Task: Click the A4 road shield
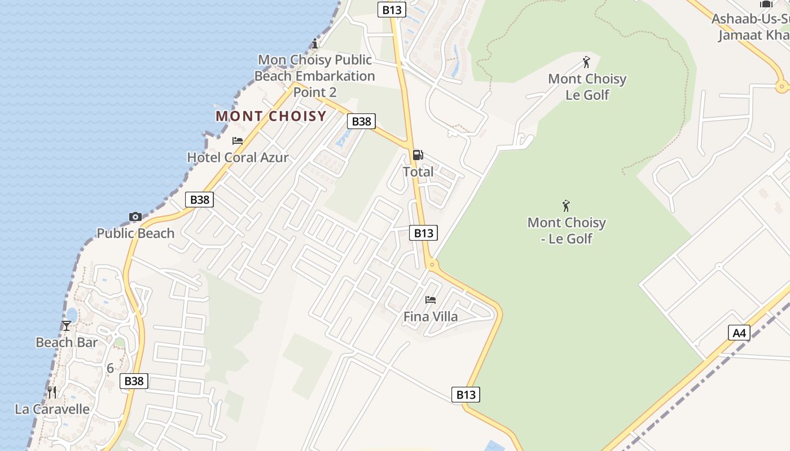click(739, 333)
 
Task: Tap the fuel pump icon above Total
click(418, 155)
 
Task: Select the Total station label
click(418, 172)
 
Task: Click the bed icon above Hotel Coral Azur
click(238, 141)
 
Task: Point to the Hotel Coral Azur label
click(238, 157)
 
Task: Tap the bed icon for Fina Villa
click(431, 300)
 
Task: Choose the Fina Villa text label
click(431, 317)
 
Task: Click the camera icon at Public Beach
click(135, 216)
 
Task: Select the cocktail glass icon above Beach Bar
click(67, 326)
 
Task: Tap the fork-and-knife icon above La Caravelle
click(52, 392)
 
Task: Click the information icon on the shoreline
click(315, 43)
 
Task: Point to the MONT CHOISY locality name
click(271, 116)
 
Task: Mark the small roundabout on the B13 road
click(432, 264)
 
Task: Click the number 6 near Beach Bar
click(110, 369)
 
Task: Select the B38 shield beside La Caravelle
click(134, 381)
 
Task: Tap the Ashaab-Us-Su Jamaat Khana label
click(750, 27)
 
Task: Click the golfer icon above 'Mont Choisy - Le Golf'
click(566, 206)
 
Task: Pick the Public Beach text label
click(135, 233)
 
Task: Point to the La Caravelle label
click(52, 409)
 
